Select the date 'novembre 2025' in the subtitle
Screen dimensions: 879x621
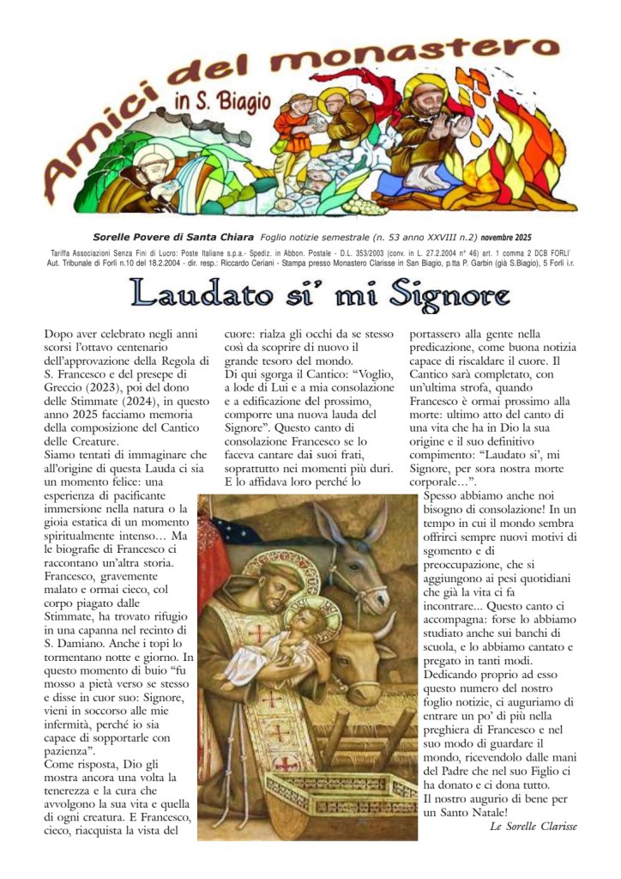pyautogui.click(x=506, y=237)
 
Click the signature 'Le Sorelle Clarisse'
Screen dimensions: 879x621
pyautogui.click(x=533, y=826)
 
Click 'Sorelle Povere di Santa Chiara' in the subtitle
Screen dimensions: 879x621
pyautogui.click(x=172, y=237)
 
